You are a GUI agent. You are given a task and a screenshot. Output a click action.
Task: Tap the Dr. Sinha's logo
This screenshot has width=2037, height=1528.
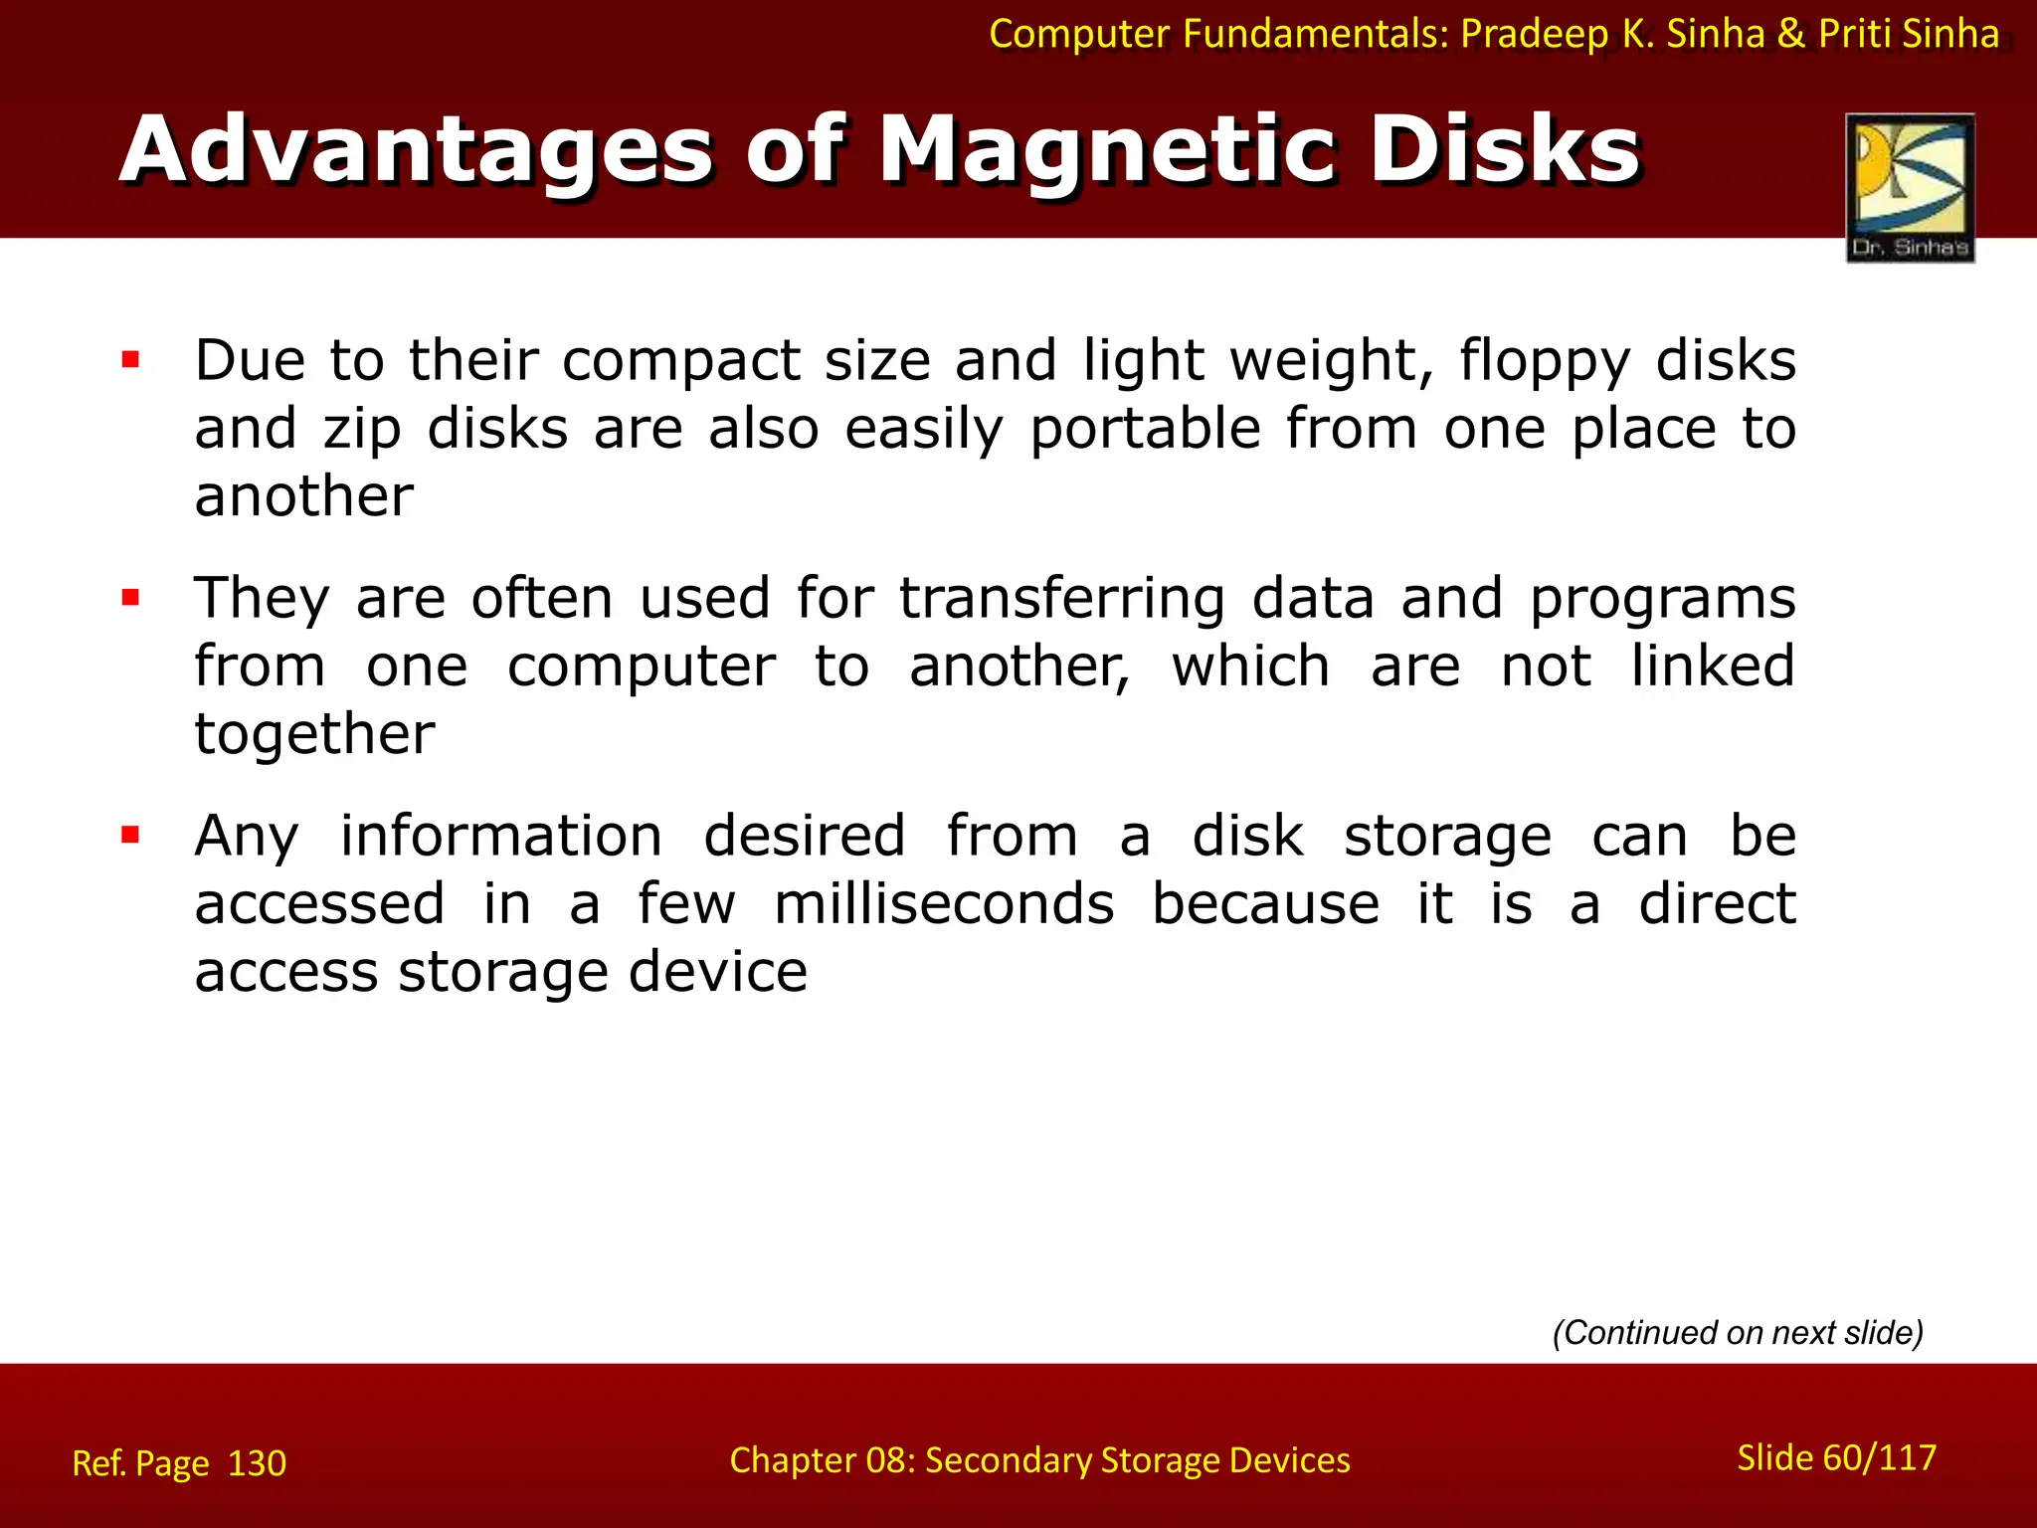[x=1910, y=188]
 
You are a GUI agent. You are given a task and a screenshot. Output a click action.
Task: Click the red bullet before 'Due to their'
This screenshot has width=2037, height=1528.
[x=130, y=359]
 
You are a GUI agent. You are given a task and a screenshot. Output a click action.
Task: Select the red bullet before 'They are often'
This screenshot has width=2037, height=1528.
[x=130, y=597]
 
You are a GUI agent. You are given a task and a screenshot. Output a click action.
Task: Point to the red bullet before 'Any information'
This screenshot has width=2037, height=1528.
[x=130, y=835]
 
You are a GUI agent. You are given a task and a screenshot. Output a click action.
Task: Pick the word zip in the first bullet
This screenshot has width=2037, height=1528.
[x=362, y=431]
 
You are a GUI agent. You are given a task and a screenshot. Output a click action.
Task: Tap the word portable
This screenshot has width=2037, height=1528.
[x=1145, y=431]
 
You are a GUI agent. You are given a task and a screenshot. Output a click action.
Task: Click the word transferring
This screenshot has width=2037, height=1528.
[x=1062, y=599]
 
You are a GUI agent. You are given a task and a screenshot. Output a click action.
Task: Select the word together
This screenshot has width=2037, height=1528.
[x=314, y=735]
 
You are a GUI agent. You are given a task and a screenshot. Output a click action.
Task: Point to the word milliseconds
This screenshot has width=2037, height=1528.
[x=944, y=904]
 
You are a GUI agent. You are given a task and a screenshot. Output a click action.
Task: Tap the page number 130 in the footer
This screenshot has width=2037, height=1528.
[x=257, y=1463]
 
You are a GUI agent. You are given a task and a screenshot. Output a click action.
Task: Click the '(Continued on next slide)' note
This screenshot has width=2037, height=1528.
[x=1738, y=1332]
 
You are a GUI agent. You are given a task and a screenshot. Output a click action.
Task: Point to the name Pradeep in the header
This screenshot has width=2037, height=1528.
[x=1534, y=34]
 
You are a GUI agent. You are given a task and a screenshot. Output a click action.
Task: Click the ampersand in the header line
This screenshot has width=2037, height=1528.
[x=1790, y=34]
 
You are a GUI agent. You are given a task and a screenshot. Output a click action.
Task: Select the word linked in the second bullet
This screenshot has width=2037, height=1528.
[x=1712, y=667]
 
